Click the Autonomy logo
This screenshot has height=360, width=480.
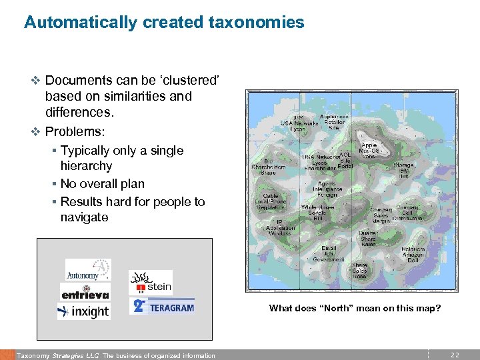(x=87, y=269)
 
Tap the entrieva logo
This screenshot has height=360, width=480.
(x=85, y=292)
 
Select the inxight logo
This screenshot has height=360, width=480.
(x=83, y=311)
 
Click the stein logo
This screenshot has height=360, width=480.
(x=151, y=283)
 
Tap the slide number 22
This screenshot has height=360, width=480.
(x=455, y=355)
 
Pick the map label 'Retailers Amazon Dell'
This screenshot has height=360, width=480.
(x=413, y=255)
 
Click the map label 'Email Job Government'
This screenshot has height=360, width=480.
(x=329, y=253)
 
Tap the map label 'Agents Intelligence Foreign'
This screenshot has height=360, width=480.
(x=327, y=189)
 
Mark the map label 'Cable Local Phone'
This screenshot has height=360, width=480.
(x=270, y=200)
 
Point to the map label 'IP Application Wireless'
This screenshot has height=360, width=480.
(x=279, y=227)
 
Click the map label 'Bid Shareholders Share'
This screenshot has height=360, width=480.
(x=269, y=167)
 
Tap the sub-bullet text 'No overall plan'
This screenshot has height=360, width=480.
(x=102, y=183)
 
